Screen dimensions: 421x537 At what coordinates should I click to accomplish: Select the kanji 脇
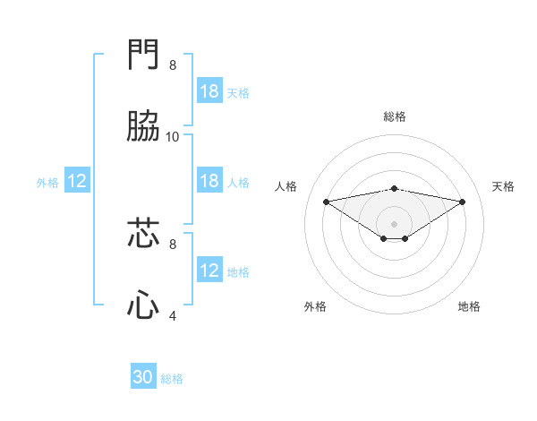(143, 126)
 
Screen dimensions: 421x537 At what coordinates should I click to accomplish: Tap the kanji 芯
(143, 234)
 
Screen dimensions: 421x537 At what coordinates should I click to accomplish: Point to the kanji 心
(143, 305)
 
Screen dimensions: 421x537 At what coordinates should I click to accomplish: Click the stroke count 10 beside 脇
(173, 136)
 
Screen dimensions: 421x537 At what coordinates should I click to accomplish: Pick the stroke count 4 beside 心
(173, 315)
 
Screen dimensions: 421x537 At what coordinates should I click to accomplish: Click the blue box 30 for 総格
(143, 378)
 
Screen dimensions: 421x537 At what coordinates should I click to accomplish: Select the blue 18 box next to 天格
(209, 91)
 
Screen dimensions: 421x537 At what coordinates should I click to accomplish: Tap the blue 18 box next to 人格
(209, 181)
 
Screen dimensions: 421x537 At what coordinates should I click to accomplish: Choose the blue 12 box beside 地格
(209, 271)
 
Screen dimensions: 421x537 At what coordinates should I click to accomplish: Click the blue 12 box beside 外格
(77, 181)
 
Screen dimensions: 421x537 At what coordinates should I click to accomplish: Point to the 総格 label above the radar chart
(395, 116)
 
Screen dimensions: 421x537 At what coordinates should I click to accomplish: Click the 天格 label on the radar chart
(503, 186)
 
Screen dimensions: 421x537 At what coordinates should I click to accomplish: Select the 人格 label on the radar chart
(286, 186)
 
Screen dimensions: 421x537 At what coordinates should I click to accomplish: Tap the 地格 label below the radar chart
(469, 307)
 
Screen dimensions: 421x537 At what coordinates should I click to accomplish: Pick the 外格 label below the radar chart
(315, 307)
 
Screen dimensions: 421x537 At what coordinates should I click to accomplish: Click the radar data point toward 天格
(463, 202)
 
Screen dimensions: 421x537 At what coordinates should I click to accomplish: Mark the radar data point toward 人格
(327, 202)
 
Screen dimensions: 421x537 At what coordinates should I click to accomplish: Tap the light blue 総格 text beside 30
(172, 379)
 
